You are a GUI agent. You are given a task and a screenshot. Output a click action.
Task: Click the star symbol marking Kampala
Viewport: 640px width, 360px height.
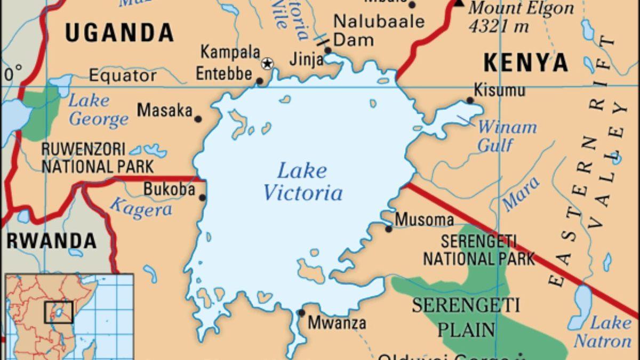click(267, 64)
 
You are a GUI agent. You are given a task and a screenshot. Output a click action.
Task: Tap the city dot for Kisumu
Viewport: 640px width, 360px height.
click(470, 100)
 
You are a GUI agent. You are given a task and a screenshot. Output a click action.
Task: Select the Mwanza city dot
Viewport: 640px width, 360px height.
click(301, 313)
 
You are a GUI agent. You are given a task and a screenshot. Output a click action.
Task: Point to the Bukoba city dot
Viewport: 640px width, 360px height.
click(202, 198)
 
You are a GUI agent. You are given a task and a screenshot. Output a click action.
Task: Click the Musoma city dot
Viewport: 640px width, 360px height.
click(389, 229)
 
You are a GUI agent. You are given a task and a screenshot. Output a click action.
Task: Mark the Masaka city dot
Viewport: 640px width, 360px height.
click(198, 119)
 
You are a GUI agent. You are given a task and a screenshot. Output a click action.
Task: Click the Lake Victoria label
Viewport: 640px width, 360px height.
click(302, 182)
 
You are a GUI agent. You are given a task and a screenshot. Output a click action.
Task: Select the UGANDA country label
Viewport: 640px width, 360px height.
click(119, 33)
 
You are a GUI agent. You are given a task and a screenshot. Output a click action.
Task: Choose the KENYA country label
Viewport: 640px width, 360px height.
click(526, 63)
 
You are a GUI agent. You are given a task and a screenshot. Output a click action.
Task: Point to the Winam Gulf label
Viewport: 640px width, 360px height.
click(506, 136)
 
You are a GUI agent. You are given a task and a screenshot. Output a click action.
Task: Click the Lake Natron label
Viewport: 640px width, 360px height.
click(603, 332)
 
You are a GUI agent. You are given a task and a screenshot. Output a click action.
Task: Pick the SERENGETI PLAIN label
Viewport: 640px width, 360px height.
click(466, 317)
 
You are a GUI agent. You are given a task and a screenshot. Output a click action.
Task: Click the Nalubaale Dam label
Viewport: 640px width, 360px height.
click(379, 30)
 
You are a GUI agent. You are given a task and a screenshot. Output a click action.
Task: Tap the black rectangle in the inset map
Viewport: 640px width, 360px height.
click(59, 311)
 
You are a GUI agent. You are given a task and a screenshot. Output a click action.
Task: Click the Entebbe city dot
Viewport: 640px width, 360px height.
click(260, 82)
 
